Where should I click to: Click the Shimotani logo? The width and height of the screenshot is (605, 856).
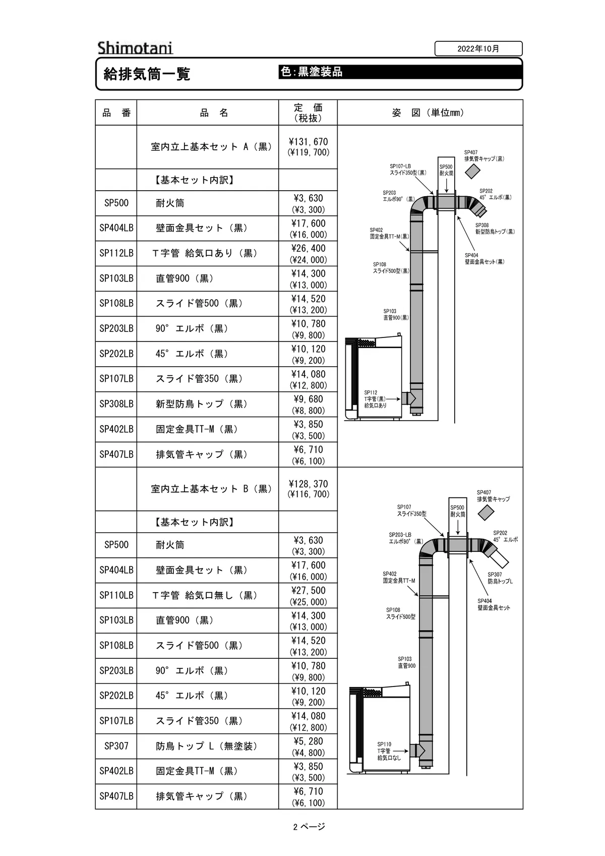pos(135,48)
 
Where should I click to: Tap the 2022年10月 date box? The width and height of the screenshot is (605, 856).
pos(478,48)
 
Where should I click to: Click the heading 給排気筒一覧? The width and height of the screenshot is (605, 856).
pos(147,74)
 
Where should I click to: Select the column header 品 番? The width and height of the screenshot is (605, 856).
pos(116,112)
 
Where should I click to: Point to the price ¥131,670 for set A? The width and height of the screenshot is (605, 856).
pos(308,142)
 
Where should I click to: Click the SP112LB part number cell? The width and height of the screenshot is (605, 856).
pos(116,253)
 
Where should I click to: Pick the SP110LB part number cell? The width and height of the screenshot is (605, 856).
pos(116,595)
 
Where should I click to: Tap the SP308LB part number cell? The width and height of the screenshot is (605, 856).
pos(116,404)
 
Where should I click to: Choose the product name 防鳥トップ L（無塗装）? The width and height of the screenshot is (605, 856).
pos(207,746)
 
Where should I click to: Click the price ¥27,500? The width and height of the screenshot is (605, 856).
pos(308,590)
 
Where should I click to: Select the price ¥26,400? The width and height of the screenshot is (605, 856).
pos(308,248)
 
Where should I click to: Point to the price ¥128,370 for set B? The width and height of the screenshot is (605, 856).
pos(308,484)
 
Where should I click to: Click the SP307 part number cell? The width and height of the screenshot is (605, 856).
pos(116,746)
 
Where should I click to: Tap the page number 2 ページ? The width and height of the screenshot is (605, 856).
pos(309,827)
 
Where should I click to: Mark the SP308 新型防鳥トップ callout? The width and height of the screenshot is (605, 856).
pos(495,229)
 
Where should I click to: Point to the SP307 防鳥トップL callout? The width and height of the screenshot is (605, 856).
pos(500,578)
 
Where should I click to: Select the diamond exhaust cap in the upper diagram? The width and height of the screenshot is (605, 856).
pos(472,171)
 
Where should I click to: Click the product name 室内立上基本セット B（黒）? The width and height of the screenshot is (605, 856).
pos(211,489)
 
